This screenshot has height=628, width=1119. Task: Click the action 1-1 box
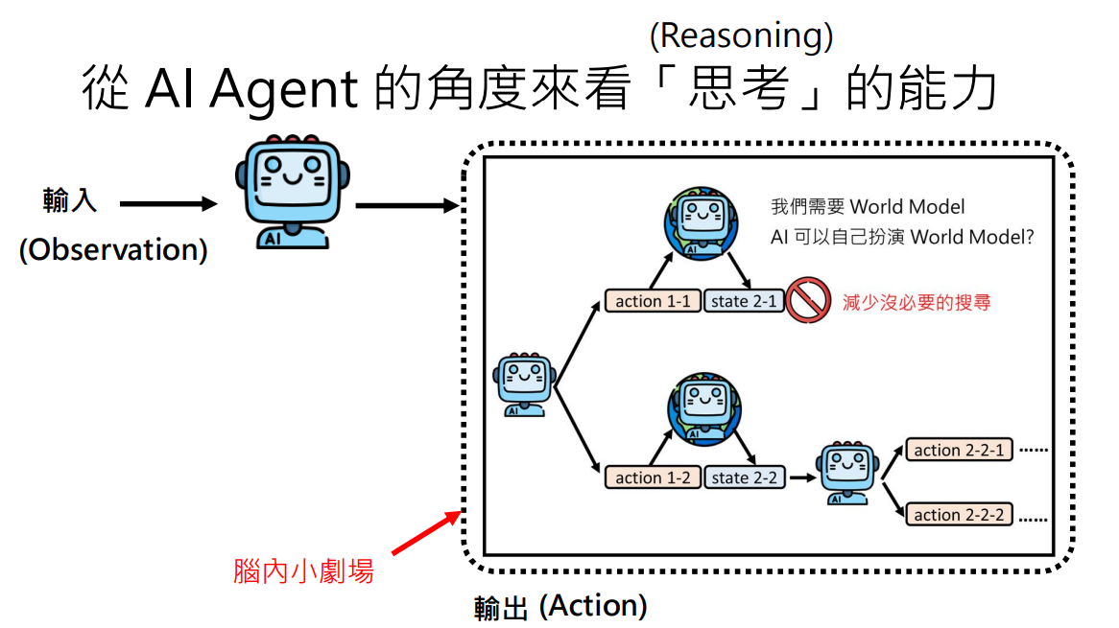[653, 301]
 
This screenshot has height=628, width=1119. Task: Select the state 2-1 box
[744, 301]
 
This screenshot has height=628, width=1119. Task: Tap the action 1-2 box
[653, 477]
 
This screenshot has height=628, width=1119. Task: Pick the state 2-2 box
[744, 477]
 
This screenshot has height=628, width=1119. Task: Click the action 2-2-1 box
[959, 450]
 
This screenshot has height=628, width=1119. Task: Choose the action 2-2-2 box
[959, 515]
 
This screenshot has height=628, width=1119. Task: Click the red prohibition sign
[807, 301]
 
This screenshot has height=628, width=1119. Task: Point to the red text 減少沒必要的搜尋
[916, 302]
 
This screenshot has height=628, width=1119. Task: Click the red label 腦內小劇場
[303, 571]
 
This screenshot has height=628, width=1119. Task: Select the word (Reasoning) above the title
[741, 35]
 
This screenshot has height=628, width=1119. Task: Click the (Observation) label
[113, 249]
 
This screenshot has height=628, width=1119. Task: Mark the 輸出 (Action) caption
[560, 606]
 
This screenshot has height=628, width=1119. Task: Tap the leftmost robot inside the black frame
[524, 384]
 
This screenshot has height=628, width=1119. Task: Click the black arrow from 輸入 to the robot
[169, 203]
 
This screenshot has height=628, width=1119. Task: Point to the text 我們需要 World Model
[868, 206]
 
